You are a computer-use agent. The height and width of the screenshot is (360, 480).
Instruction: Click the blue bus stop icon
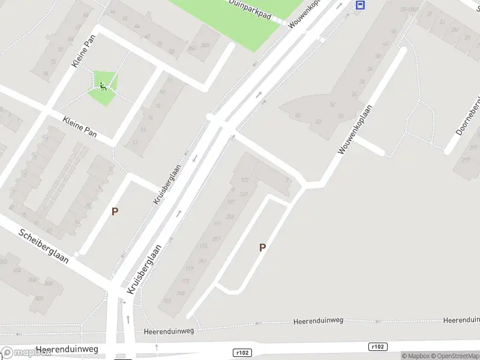click(x=360, y=5)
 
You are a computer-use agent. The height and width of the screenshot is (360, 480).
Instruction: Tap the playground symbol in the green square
click(x=104, y=87)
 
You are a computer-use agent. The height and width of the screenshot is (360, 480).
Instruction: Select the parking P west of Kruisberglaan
click(x=115, y=211)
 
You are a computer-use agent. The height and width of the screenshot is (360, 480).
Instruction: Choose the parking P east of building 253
click(x=262, y=247)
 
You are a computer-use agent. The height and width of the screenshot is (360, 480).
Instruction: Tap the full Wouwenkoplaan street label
click(x=355, y=130)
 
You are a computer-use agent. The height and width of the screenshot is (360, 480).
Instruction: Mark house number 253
click(x=230, y=216)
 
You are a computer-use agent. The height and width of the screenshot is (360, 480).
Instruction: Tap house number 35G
click(x=206, y=46)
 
